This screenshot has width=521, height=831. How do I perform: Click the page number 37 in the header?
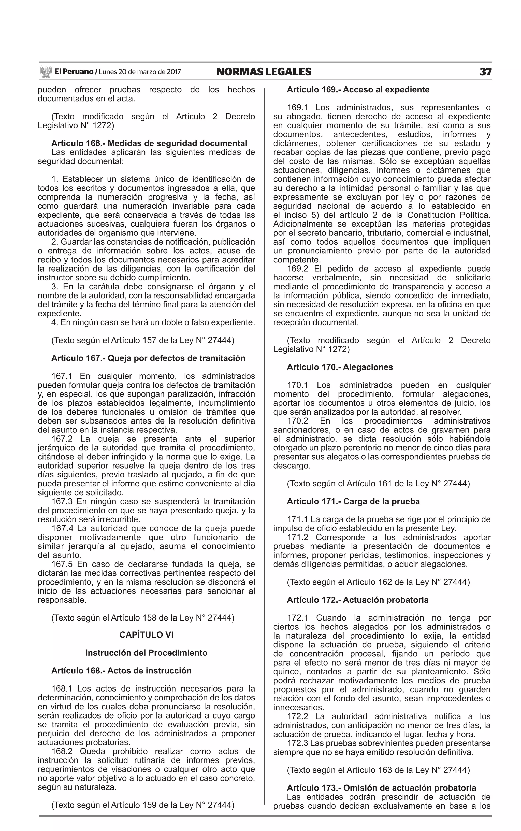[485, 72]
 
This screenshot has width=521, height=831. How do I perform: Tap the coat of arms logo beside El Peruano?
[46, 72]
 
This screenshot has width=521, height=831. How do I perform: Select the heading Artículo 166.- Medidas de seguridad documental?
[149, 143]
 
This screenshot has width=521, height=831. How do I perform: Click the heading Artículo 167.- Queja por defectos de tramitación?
[148, 358]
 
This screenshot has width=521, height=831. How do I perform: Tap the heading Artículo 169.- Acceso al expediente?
[358, 90]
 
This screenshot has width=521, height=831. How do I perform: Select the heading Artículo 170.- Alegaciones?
[340, 367]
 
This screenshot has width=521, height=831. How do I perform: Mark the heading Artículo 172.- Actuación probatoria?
[358, 600]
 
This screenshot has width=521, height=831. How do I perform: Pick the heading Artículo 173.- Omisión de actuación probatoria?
[381, 788]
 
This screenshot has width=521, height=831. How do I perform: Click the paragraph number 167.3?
[62, 501]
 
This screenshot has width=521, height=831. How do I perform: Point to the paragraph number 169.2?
[297, 269]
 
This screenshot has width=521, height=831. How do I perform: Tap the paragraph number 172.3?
[297, 743]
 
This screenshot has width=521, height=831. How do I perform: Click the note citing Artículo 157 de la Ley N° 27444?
[143, 340]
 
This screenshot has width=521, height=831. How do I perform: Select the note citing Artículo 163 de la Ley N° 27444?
[378, 770]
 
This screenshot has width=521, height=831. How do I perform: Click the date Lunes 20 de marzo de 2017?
[140, 72]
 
